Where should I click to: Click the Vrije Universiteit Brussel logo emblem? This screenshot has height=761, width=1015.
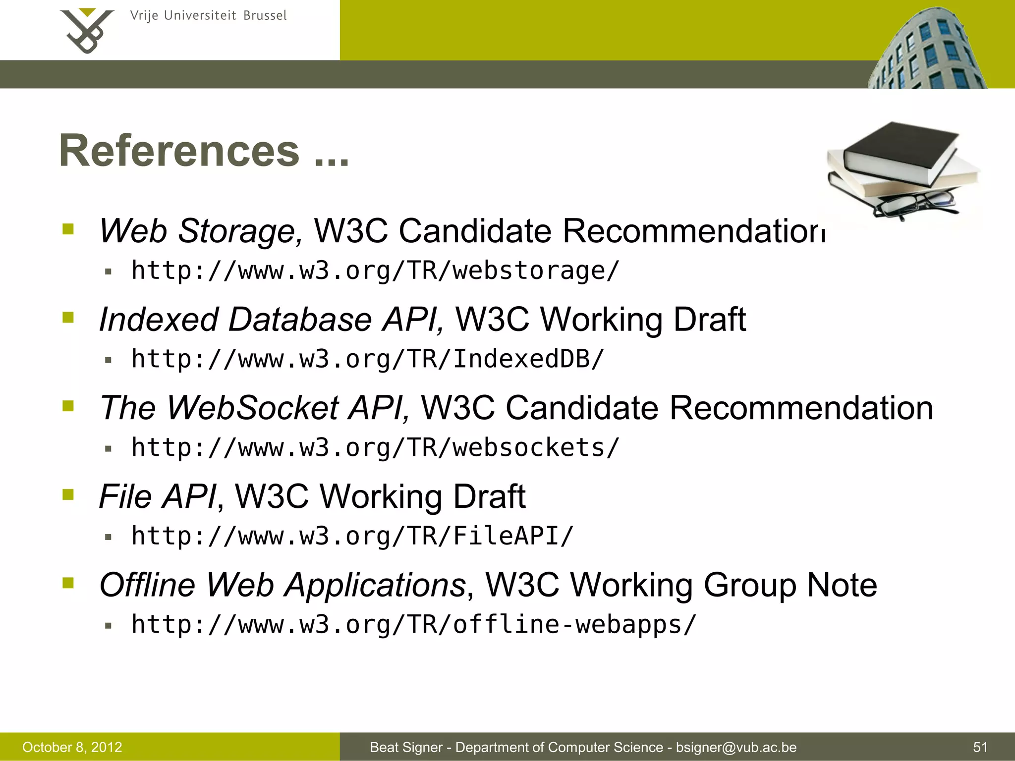[87, 31]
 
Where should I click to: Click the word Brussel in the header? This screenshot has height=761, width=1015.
[265, 16]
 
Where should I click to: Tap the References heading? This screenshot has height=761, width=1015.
[204, 151]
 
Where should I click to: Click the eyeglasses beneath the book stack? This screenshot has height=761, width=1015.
[914, 204]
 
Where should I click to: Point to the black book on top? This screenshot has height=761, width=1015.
[900, 149]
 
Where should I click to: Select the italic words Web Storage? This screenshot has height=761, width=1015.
[201, 231]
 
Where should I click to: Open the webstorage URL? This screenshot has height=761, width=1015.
[375, 271]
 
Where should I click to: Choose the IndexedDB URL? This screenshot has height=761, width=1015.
[368, 359]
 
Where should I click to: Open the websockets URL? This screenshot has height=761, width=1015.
[375, 448]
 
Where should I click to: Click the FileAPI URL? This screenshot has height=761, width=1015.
[352, 536]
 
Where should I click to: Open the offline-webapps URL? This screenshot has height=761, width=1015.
[414, 624]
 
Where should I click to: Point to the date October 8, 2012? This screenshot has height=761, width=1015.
[72, 747]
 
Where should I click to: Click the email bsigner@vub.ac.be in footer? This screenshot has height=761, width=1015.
[736, 747]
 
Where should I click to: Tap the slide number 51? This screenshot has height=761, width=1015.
[980, 747]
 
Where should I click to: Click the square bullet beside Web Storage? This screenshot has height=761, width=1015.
[68, 229]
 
